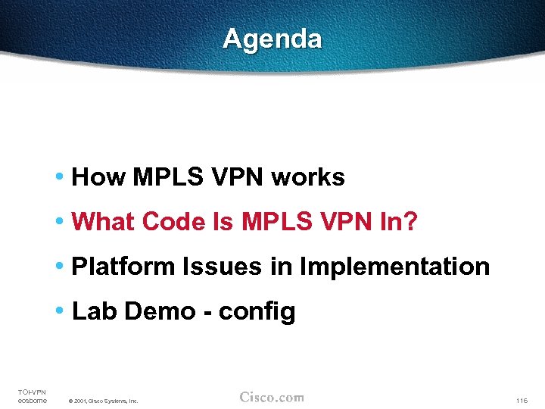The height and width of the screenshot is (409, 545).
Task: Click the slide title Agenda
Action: (272, 39)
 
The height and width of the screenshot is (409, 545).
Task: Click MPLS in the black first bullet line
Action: (166, 177)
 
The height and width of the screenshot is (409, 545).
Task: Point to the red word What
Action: (103, 222)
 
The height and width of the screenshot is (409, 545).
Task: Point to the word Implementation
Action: (394, 267)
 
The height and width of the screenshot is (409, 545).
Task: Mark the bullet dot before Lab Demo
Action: (60, 311)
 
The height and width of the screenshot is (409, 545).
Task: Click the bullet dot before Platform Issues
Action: (60, 267)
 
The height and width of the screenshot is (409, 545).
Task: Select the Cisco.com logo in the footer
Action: (272, 398)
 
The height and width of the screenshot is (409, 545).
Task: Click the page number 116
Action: (521, 401)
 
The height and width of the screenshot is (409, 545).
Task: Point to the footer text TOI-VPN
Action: (32, 392)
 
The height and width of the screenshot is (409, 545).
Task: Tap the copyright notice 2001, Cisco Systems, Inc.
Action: (103, 401)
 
